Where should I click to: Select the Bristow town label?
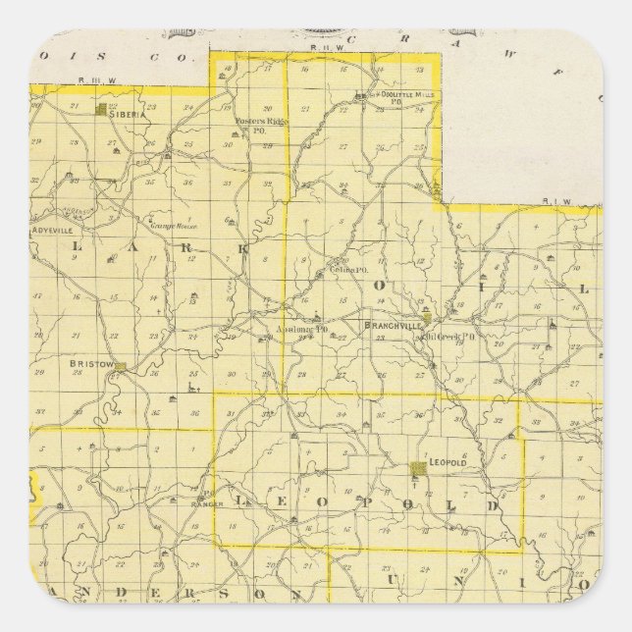click(88, 363)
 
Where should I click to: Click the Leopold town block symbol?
click(418, 469)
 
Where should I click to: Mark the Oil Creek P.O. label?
click(449, 336)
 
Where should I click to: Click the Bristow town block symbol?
click(123, 368)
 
